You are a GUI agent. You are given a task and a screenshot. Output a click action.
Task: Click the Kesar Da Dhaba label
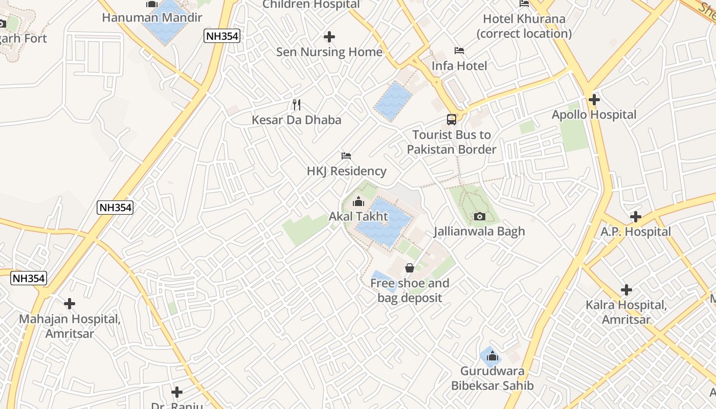point(296,120)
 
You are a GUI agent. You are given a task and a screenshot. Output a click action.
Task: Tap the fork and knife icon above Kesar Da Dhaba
point(297,105)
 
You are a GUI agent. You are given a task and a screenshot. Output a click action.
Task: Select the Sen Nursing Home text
point(329,52)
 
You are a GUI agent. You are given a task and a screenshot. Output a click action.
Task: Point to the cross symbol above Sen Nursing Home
point(329,37)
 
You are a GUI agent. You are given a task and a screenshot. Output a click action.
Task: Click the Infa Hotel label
point(459,66)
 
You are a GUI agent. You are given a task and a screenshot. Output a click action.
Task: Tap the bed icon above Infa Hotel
point(459,51)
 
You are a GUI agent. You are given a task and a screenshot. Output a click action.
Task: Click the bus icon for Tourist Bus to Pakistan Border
point(452,120)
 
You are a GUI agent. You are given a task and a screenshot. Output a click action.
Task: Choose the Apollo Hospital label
point(594,115)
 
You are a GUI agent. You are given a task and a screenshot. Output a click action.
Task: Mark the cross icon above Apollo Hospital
point(594,100)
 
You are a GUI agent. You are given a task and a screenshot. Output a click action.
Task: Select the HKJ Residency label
point(346,171)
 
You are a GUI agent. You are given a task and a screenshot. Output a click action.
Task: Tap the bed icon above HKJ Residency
point(346,156)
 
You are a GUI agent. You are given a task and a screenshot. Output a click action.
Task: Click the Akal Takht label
point(358,217)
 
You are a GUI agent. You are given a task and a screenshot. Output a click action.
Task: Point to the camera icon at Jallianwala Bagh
point(479,217)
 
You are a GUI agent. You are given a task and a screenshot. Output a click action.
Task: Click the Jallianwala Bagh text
point(479,232)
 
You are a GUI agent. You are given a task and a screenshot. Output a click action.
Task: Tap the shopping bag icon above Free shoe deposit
point(410,268)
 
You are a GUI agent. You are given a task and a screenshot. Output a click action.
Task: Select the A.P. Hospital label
point(635,232)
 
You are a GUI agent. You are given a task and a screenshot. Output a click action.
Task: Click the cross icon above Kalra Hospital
point(626,290)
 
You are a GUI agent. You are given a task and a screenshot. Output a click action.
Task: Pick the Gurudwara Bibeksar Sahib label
point(492,378)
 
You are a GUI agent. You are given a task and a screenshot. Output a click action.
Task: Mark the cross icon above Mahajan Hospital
point(70,304)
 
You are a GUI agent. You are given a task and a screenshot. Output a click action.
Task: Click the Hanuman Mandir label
point(152,18)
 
